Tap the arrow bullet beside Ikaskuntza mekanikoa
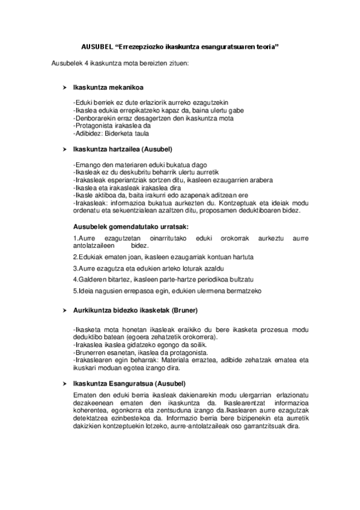point(65,88)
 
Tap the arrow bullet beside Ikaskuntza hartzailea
point(65,148)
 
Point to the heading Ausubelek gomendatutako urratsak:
point(122,226)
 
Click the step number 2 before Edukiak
point(74,257)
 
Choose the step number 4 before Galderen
point(74,280)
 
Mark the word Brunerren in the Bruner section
point(89,352)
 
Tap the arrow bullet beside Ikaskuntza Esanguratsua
point(65,383)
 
